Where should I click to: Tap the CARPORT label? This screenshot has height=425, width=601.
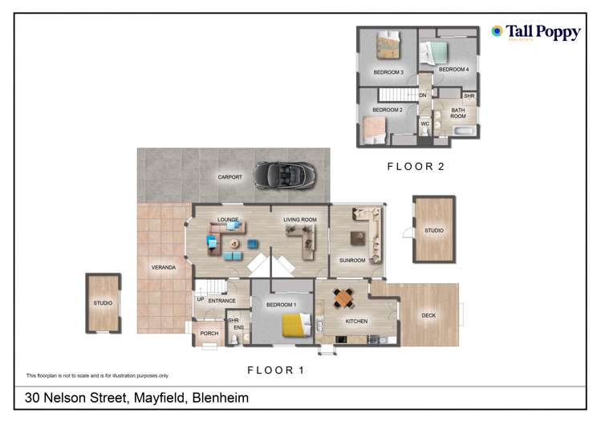229,177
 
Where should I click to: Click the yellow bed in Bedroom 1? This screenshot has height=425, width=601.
294,326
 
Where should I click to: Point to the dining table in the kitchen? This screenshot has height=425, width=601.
343,298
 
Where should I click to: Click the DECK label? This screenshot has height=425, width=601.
428,315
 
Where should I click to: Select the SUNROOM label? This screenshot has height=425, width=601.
352,261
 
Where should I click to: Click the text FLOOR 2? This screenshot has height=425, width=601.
415,167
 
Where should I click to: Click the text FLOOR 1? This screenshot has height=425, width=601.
275,370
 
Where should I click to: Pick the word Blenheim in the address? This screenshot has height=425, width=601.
218,398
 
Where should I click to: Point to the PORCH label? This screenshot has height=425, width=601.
209,334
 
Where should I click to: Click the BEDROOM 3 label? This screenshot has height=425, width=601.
388,73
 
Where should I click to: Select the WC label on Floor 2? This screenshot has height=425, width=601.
424,124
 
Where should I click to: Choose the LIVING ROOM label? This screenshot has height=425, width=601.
299,219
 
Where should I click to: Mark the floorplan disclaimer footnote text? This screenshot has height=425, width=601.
98,375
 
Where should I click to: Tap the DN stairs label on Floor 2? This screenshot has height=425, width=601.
422,95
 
